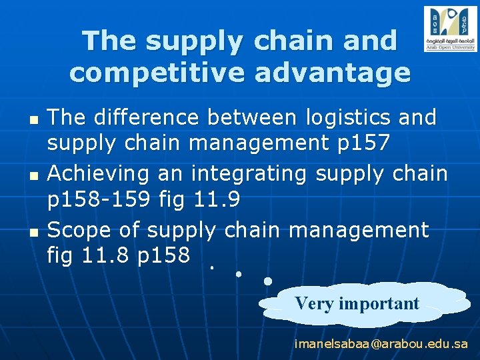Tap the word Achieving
tap(100, 174)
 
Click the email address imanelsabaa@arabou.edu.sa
tap(381, 344)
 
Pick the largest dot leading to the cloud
tap(267, 281)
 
